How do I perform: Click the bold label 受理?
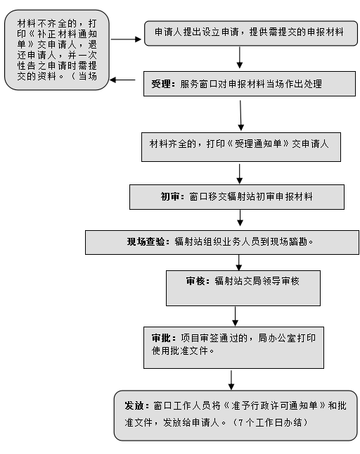click(161, 84)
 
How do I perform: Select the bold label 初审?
click(171, 197)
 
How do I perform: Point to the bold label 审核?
click(195, 281)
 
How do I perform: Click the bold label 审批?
click(161, 338)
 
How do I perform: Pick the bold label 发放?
click(134, 405)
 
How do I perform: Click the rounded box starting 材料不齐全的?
click(57, 50)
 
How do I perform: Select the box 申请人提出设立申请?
click(251, 33)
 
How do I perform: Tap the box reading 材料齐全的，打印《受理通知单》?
click(241, 147)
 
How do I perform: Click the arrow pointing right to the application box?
click(126, 39)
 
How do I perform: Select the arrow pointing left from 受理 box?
click(122, 80)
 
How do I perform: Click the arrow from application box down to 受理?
click(240, 57)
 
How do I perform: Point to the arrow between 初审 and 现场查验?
click(240, 217)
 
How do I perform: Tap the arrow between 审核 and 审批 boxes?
click(236, 316)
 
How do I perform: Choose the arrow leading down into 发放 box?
click(231, 380)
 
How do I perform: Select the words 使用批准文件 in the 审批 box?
click(180, 351)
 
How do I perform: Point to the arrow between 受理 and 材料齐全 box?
click(240, 115)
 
